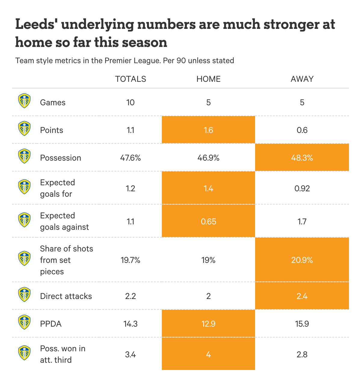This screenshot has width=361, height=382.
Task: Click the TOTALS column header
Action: click(x=131, y=79)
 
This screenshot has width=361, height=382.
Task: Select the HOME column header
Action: click(x=208, y=79)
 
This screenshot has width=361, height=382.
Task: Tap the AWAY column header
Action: click(x=302, y=79)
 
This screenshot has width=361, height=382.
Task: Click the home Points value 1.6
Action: click(x=208, y=130)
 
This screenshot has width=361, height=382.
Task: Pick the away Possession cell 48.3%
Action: click(x=302, y=158)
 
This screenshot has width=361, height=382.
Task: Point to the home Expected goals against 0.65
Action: click(x=208, y=221)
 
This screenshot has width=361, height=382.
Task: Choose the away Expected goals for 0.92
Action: click(x=302, y=188)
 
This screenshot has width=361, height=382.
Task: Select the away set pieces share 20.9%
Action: click(x=302, y=260)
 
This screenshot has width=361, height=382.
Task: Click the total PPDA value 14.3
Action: click(x=131, y=324)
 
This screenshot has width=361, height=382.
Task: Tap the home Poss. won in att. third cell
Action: click(x=208, y=354)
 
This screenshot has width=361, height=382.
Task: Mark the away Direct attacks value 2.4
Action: click(x=302, y=296)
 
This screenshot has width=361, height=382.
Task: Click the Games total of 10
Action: click(x=131, y=102)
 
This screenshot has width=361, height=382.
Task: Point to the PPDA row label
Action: click(x=51, y=324)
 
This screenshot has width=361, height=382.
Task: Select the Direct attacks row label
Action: click(x=66, y=296)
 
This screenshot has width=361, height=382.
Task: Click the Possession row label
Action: click(x=60, y=158)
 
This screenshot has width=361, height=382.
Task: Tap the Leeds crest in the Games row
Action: click(x=24, y=101)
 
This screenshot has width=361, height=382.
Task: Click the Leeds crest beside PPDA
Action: click(x=24, y=322)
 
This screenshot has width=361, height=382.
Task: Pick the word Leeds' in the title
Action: click(x=35, y=24)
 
